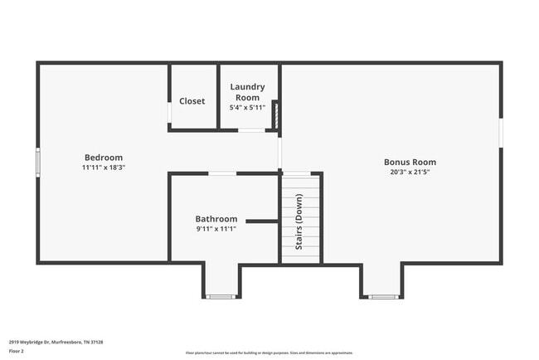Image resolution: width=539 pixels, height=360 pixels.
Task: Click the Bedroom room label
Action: (104, 158)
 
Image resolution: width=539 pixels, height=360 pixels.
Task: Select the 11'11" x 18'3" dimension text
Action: (104, 168)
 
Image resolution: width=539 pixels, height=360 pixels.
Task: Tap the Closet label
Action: (192, 101)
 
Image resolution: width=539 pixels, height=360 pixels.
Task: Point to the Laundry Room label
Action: (247, 91)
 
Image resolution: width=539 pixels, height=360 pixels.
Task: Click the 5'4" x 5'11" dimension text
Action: (247, 107)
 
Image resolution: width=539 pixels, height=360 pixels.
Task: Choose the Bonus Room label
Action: (410, 162)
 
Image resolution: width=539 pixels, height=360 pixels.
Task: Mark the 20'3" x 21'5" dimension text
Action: (410, 173)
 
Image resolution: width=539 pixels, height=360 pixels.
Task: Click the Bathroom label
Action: (216, 219)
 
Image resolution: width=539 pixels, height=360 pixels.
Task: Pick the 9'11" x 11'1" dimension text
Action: (216, 229)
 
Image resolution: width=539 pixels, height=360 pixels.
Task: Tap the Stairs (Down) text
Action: (299, 221)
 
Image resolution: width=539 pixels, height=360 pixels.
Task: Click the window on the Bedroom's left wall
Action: (37, 162)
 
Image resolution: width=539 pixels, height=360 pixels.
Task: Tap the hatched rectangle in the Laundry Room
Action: (276, 115)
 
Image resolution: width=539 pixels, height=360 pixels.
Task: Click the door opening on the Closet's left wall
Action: (169, 112)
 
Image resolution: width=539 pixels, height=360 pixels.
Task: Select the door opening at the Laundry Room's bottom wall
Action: (252, 130)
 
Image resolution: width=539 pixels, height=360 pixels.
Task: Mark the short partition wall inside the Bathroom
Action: (262, 221)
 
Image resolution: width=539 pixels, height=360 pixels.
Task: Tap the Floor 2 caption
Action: (17, 352)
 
